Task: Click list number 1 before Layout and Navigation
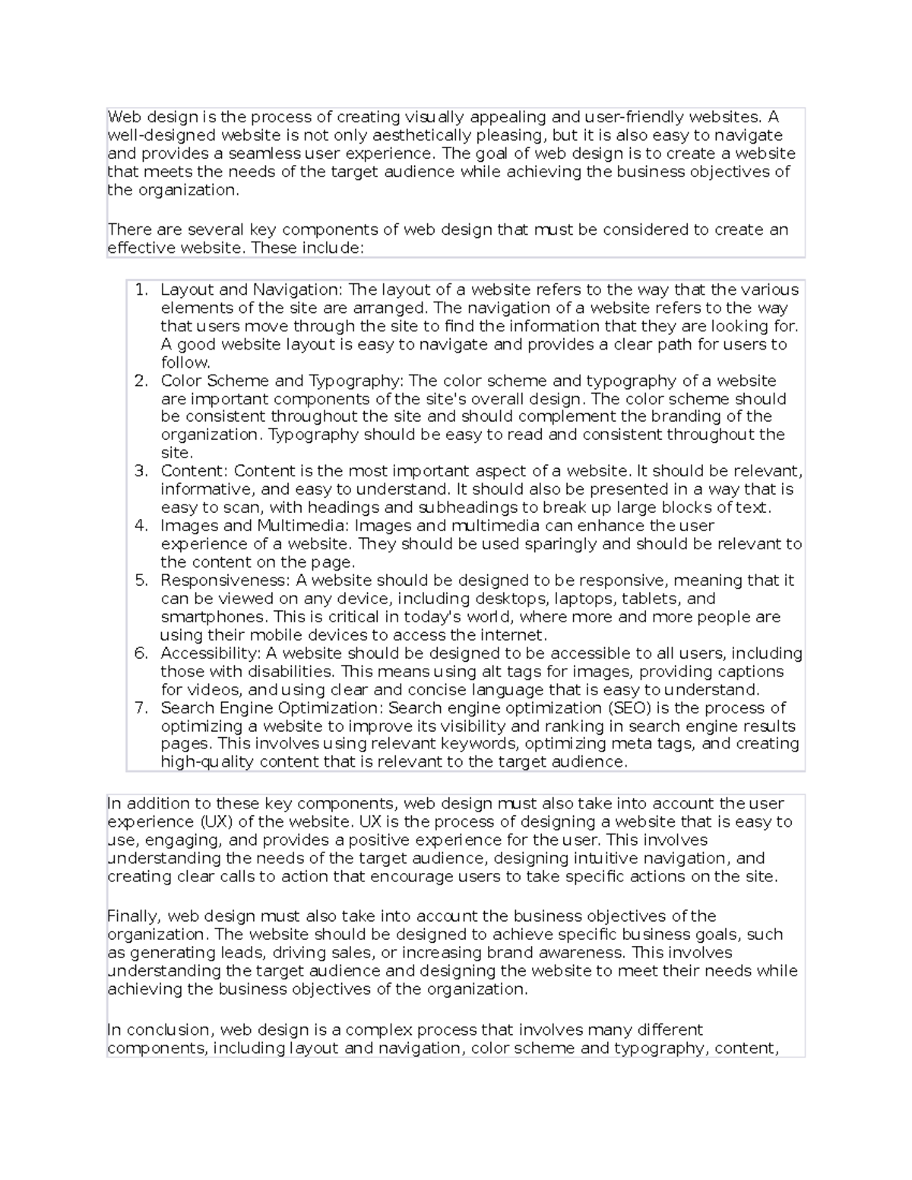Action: click(140, 289)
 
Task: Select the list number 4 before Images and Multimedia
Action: click(141, 526)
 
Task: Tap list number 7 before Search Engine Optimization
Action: click(141, 708)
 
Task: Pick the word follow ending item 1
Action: click(184, 362)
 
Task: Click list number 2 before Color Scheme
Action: click(141, 381)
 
